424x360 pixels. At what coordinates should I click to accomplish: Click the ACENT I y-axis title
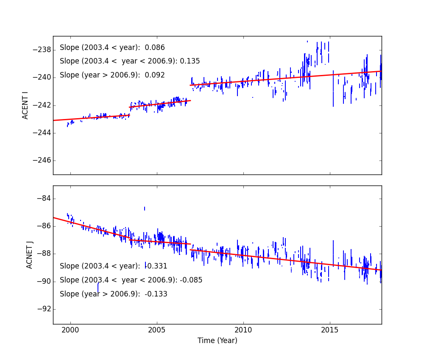click(25, 105)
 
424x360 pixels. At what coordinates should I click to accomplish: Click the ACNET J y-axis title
click(30, 255)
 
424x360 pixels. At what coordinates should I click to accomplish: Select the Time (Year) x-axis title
click(217, 341)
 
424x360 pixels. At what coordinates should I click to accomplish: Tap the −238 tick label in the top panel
click(41, 50)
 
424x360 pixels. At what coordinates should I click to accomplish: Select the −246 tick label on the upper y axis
click(41, 161)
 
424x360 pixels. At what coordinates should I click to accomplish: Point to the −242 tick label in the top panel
click(41, 105)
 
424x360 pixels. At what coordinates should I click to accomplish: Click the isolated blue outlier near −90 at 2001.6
click(98, 288)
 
